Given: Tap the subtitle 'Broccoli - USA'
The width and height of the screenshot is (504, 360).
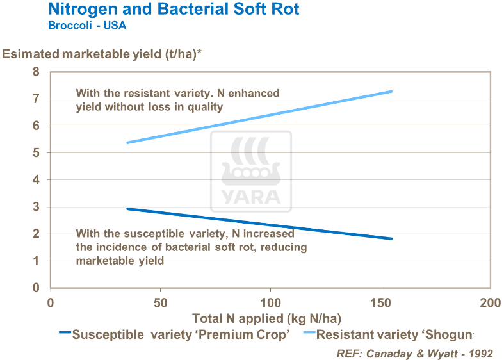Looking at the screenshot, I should coord(87,26).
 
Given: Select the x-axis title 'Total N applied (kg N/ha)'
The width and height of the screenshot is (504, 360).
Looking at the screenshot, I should coord(266,318).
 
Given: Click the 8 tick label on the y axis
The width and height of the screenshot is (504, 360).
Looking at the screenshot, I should coord(37,72).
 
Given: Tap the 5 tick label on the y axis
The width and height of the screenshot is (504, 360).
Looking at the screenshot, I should coord(37,153).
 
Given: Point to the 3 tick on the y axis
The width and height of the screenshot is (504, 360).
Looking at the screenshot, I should coord(37,207).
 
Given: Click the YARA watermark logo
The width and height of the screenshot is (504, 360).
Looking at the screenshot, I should coord(251,172).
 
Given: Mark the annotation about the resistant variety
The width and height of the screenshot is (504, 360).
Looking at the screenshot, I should coord(177,100).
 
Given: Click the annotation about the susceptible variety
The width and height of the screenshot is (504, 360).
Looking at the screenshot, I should coord(191,247).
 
